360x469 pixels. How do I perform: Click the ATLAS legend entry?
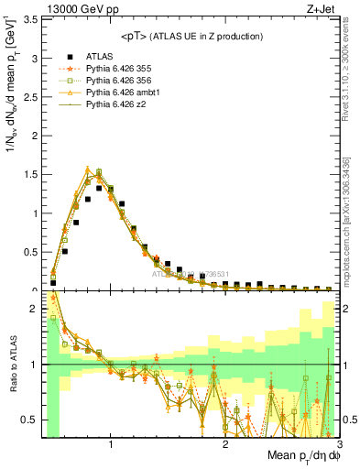point(102,55)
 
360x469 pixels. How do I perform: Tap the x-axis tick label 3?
point(340,444)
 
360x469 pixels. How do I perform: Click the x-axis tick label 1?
point(111,444)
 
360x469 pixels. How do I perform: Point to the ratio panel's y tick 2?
point(35,309)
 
